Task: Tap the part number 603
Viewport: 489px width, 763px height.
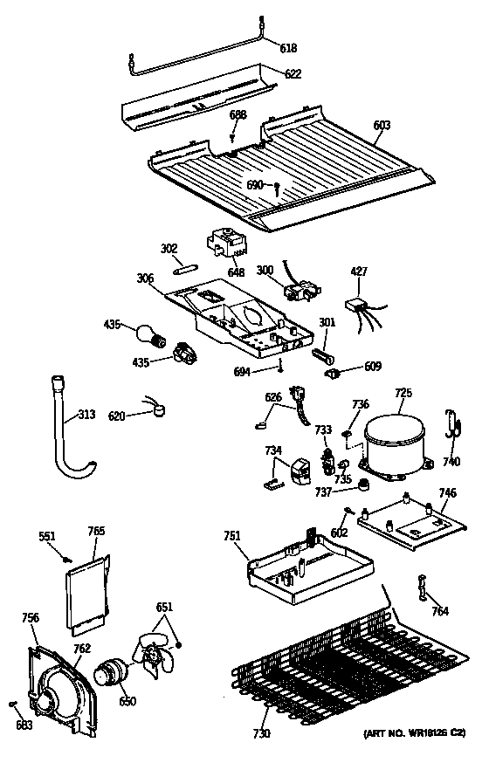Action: [382, 126]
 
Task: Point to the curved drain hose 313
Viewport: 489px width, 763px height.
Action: [64, 432]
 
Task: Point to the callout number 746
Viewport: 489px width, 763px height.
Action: [447, 493]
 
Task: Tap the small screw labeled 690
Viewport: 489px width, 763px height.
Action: [277, 187]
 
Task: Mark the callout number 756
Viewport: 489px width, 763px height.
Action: [31, 619]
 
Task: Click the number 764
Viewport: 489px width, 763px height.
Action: [441, 611]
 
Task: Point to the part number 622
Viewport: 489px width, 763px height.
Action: [293, 74]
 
